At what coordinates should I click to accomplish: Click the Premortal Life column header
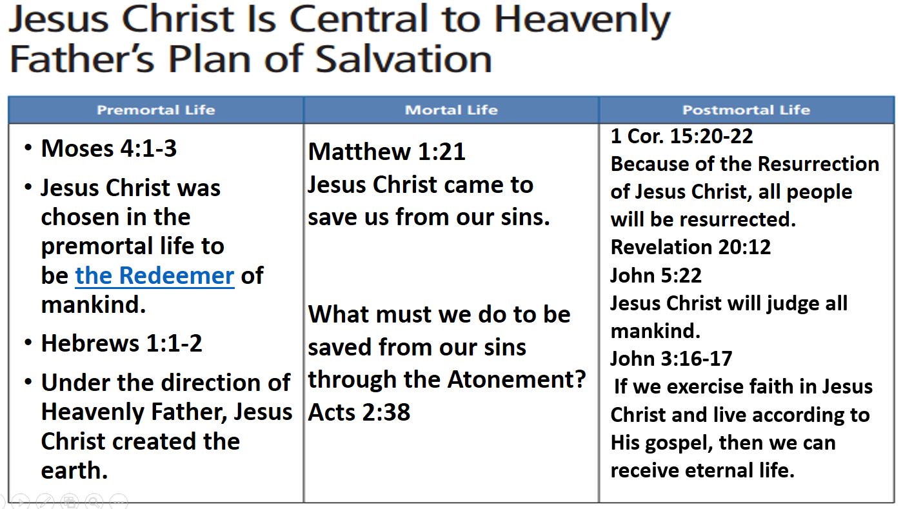tap(155, 110)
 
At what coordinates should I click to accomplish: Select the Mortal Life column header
tap(451, 110)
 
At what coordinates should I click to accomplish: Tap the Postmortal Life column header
tap(746, 110)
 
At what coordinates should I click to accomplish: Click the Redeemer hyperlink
tap(154, 275)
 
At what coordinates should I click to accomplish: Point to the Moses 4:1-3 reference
tap(108, 148)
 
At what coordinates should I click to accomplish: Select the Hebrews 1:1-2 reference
tap(121, 343)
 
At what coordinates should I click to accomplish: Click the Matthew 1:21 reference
tap(386, 152)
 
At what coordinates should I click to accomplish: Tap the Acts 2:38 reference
tap(359, 412)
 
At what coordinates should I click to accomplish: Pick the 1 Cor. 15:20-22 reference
tap(682, 136)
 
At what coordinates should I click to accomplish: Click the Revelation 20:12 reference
tap(690, 247)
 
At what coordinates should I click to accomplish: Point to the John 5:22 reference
tap(656, 275)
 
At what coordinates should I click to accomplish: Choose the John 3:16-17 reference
tap(671, 359)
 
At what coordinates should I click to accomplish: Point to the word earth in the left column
tap(74, 470)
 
